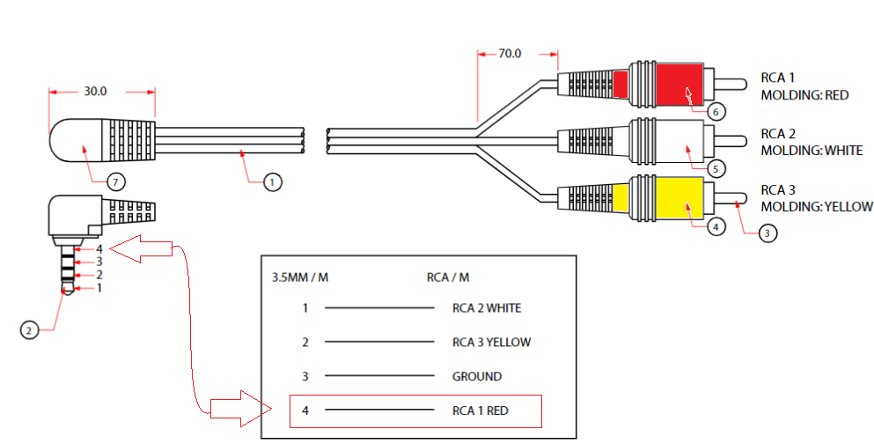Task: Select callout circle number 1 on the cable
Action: click(273, 182)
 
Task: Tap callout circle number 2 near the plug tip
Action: click(29, 330)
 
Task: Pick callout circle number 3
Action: click(768, 233)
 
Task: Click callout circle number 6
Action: click(716, 112)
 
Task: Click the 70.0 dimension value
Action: click(510, 54)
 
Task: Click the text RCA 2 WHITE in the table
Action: click(486, 308)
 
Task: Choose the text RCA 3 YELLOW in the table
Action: click(491, 343)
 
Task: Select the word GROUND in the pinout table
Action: click(476, 376)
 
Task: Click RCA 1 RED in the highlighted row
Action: click(480, 411)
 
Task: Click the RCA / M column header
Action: click(448, 277)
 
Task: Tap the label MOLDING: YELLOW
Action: click(817, 207)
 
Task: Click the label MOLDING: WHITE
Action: click(812, 151)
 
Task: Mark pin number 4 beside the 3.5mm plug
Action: click(99, 249)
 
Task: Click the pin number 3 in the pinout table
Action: click(305, 376)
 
